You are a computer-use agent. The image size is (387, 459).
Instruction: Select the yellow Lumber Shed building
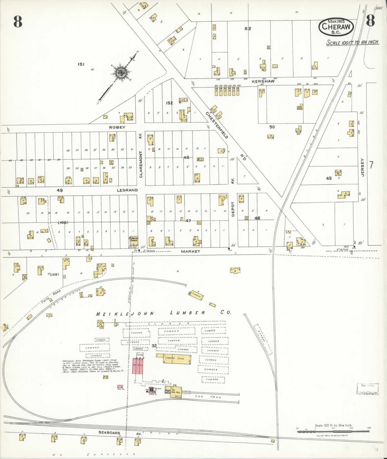(x=174, y=358)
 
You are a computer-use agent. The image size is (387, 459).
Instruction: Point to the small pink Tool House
(x=120, y=387)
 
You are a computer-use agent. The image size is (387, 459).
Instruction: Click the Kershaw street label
(x=263, y=81)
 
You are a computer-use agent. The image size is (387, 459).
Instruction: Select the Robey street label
(x=117, y=127)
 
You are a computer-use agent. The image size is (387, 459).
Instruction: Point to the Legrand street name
(x=127, y=190)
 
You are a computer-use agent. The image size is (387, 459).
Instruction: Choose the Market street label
(x=190, y=251)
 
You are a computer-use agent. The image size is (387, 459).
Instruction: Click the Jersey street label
(x=363, y=167)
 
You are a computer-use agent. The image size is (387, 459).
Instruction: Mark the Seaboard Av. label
(x=109, y=432)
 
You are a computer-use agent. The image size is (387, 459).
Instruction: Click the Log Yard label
(x=208, y=396)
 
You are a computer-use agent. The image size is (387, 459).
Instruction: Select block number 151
(x=81, y=64)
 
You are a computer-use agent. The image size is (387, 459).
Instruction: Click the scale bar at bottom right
(x=333, y=431)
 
